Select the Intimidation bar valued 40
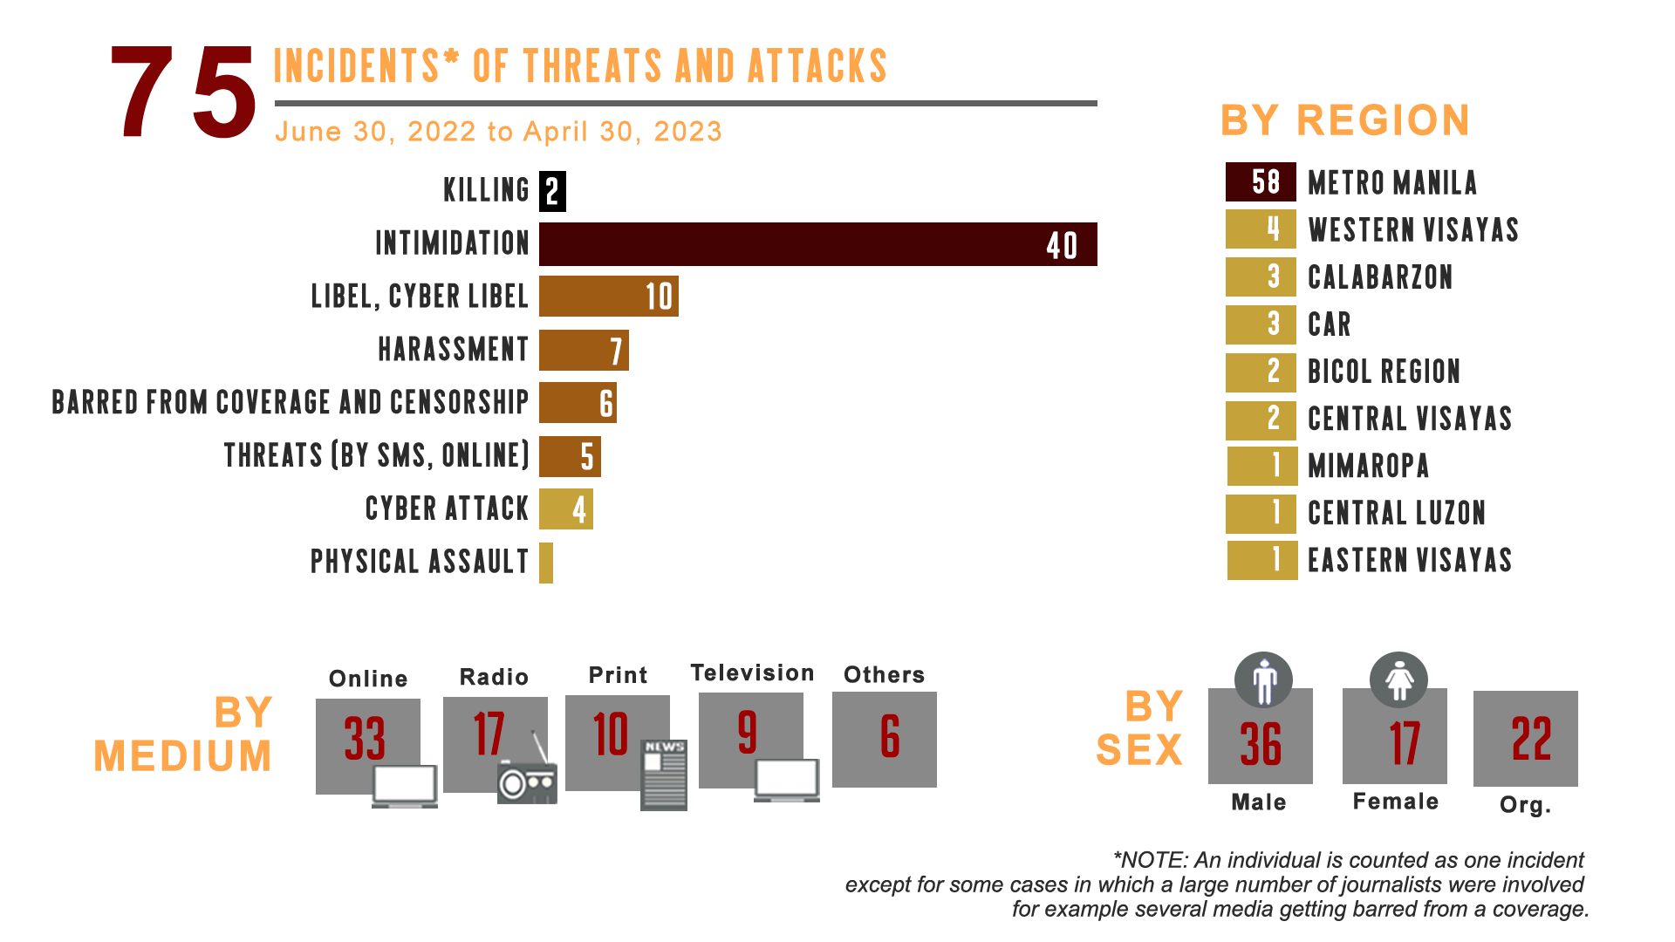817,244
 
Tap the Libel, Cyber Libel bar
608,297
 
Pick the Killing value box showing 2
553,191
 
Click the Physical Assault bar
546,563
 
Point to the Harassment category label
452,350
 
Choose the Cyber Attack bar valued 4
566,509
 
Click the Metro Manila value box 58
1261,181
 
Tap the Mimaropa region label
1369,466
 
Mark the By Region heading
1344,120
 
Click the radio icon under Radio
527,779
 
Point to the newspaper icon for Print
664,775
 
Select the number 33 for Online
365,739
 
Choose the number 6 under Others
889,736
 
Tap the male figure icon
1263,679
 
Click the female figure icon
1398,679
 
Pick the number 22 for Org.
1530,740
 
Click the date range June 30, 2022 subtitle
498,132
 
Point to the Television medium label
751,672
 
